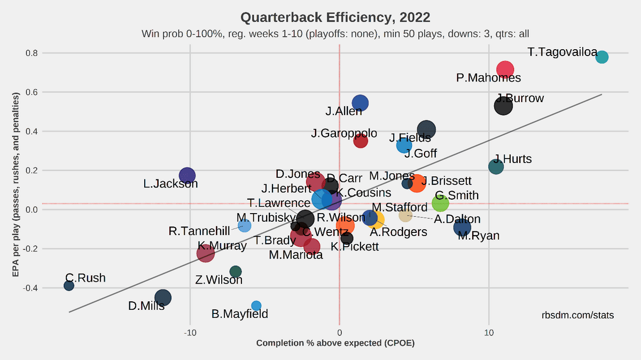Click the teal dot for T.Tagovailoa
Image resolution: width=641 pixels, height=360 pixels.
point(602,57)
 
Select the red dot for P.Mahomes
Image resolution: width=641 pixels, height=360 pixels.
point(505,69)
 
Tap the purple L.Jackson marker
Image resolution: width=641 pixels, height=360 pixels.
point(187,175)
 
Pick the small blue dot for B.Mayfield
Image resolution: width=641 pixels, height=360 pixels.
point(256,306)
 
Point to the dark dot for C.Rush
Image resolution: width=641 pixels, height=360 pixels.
point(69,286)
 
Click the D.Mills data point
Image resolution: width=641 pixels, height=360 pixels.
point(163,298)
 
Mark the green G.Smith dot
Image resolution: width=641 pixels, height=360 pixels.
point(440,202)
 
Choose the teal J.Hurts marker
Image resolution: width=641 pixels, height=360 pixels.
point(496,167)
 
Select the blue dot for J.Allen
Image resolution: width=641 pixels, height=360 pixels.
point(361,103)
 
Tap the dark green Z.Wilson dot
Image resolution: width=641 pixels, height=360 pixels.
point(236,271)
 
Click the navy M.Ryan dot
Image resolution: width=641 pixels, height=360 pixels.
point(462,228)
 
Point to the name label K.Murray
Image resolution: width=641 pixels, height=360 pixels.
point(222,246)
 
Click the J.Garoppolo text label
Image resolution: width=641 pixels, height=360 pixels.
point(344,133)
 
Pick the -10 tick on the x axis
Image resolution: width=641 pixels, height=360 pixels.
point(190,332)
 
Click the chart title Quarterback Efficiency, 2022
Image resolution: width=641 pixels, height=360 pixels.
point(335,18)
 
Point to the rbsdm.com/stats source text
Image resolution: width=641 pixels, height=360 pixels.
point(577,316)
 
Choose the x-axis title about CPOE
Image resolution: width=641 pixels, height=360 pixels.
point(335,343)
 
